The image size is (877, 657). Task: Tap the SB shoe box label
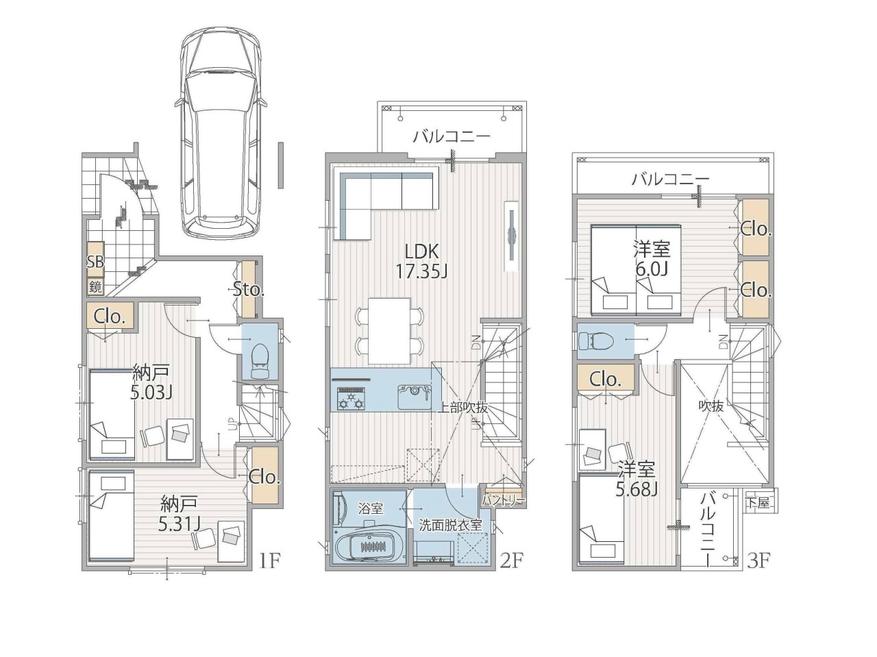tap(95, 262)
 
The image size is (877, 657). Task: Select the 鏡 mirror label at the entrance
tap(95, 287)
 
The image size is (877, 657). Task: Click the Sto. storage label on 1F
tap(249, 289)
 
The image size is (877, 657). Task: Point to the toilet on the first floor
tap(260, 360)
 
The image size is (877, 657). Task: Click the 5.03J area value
tap(151, 393)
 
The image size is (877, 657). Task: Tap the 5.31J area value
tap(180, 523)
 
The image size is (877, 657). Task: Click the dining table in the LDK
tap(389, 330)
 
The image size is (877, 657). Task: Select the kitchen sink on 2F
tap(415, 397)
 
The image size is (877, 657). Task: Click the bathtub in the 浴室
tap(369, 545)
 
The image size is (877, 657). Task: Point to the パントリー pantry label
tap(504, 500)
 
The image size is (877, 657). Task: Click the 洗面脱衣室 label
tap(450, 525)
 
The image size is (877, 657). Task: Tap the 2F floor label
tap(512, 561)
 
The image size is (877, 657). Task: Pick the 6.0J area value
tap(652, 269)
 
